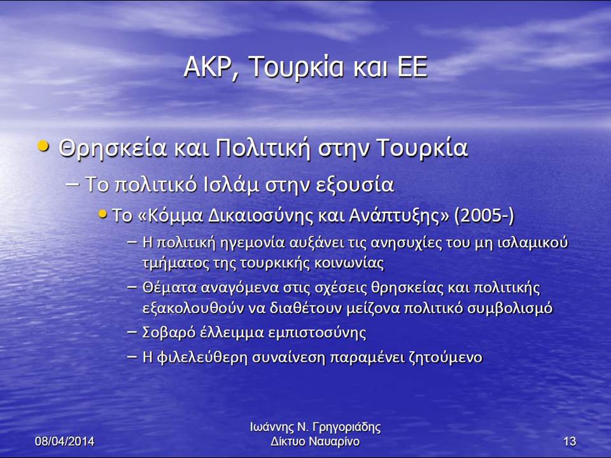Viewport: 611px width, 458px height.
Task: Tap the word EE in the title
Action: [x=412, y=67]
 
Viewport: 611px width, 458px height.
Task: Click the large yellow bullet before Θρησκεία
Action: [x=44, y=146]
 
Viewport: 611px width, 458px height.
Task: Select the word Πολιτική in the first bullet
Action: [x=263, y=148]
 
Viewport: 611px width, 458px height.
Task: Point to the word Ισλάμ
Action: [x=232, y=184]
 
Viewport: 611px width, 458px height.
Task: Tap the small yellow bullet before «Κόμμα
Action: [x=102, y=214]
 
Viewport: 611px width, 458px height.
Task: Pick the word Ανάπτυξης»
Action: [x=398, y=216]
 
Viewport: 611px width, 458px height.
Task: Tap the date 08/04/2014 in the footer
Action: [x=65, y=441]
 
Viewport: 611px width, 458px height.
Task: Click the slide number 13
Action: [x=570, y=441]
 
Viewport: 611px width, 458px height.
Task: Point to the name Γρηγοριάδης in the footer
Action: [x=347, y=427]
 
